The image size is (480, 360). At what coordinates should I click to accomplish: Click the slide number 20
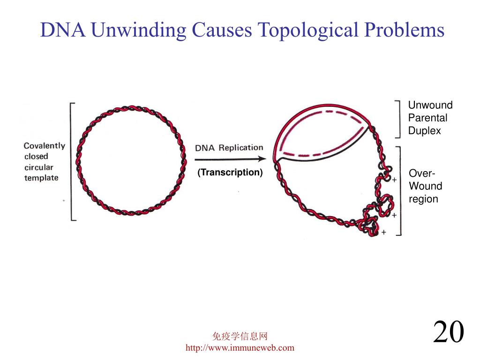pos(448,332)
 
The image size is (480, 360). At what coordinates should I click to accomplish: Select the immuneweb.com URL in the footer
pos(240,347)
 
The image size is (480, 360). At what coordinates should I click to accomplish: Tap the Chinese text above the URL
pos(240,336)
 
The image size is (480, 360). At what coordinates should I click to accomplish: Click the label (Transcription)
pos(230,172)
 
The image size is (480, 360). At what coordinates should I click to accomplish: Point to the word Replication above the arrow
pos(241,148)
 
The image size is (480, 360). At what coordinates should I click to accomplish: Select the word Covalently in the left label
pos(45,146)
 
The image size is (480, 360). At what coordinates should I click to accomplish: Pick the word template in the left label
pos(41,178)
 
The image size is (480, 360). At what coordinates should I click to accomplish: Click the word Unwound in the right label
pos(430,105)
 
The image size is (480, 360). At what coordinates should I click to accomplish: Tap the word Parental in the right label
pos(427,118)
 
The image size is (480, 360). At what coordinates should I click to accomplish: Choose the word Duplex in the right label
pos(424,131)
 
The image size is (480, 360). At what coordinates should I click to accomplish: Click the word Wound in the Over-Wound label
pos(425,186)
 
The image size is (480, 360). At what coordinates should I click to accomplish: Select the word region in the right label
pos(423,199)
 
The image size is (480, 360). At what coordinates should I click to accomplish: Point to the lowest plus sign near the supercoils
pos(384,232)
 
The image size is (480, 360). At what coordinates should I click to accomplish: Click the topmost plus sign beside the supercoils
pos(394,180)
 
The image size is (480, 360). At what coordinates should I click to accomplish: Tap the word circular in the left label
pos(39,167)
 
